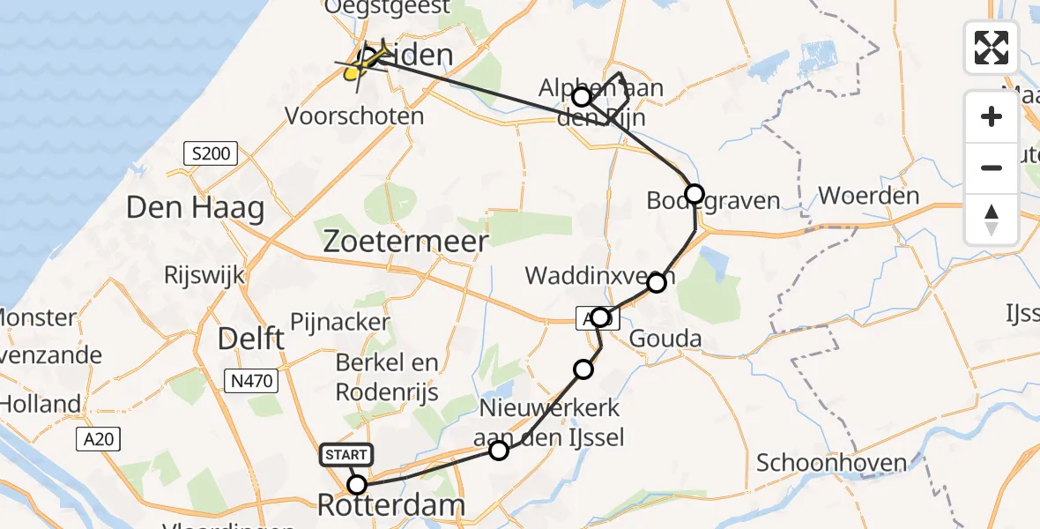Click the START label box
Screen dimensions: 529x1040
point(348,455)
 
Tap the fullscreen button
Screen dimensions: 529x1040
point(992,48)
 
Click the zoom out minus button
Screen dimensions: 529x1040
point(992,168)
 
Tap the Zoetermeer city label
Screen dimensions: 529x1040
point(406,242)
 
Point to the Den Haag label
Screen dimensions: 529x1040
point(195,209)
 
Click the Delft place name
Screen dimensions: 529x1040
point(252,339)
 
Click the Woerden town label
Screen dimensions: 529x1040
point(869,196)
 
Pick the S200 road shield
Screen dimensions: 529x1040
point(212,154)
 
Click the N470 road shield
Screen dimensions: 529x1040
point(251,381)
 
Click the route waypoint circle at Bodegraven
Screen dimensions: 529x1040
point(695,194)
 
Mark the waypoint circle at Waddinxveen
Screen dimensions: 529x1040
point(657,283)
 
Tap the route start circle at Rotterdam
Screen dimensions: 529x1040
point(357,485)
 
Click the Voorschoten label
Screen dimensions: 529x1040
point(355,116)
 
